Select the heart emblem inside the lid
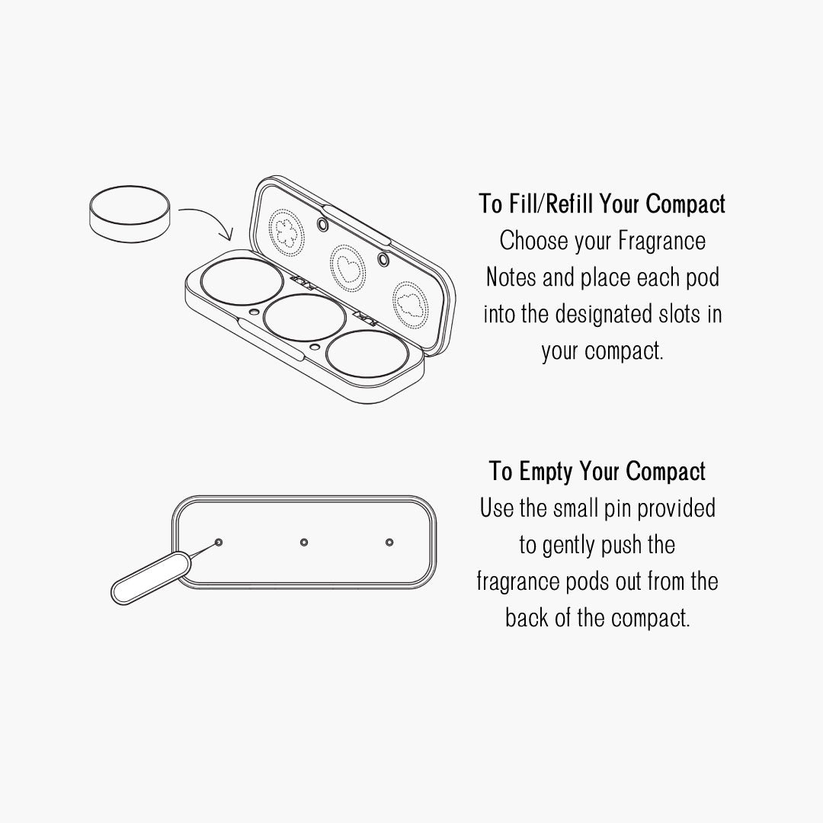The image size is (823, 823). [x=348, y=268]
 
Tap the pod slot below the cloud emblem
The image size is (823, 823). [x=367, y=354]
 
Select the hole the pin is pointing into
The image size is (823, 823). [x=219, y=543]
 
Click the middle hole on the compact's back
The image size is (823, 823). [x=304, y=543]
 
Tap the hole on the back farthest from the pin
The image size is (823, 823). [x=389, y=543]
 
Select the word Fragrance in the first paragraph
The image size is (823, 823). [x=661, y=242]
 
